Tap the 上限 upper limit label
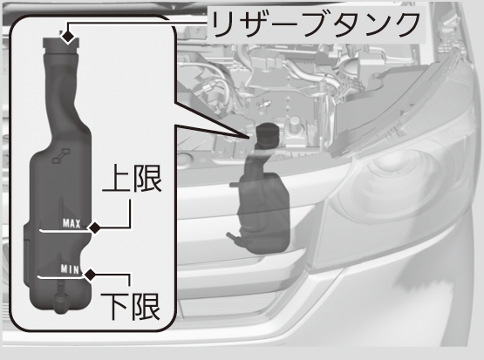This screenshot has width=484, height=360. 132,179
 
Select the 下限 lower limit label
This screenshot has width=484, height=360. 130,306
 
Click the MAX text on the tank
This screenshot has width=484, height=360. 72,223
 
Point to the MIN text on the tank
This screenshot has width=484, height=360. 70,269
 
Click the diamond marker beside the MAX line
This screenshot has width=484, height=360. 94,228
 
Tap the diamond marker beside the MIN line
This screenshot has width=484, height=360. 91,275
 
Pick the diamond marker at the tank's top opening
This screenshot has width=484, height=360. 68,37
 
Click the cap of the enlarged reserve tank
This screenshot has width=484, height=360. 61,45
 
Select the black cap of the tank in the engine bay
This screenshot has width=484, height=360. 268,135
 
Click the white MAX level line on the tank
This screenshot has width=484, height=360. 65,230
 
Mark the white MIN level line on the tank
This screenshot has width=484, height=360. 61,277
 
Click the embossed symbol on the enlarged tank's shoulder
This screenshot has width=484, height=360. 61,155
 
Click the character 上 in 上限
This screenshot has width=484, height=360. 116,179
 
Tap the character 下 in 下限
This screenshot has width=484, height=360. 114,307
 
